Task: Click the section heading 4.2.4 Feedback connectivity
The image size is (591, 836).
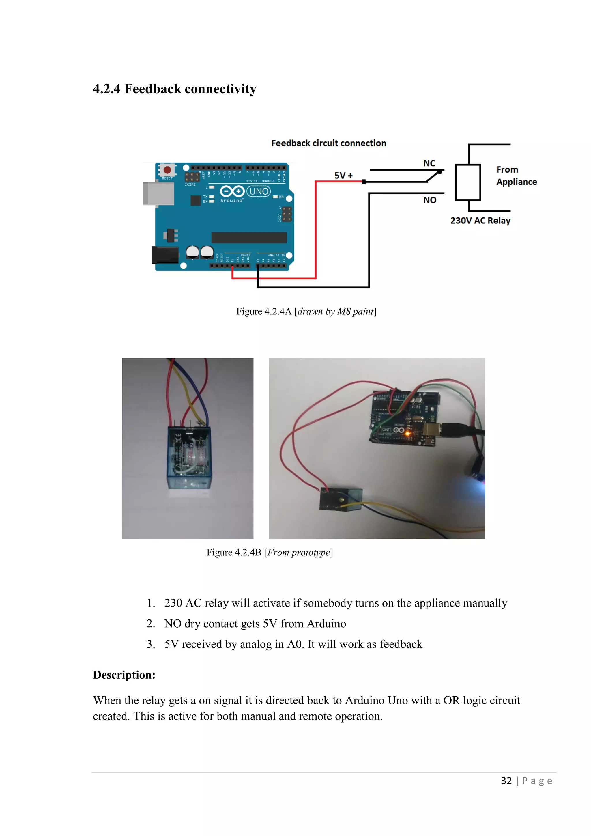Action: [x=174, y=89]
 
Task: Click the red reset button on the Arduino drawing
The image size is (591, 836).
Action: [x=167, y=170]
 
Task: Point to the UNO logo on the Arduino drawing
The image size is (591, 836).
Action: [x=258, y=191]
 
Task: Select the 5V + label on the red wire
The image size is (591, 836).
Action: [x=343, y=176]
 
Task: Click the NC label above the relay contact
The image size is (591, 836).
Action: [x=429, y=163]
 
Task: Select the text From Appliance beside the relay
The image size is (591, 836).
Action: [x=516, y=176]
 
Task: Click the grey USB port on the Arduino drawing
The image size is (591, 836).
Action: [x=158, y=193]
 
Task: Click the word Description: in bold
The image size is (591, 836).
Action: [x=124, y=675]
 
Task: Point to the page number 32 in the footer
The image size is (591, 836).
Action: [x=506, y=781]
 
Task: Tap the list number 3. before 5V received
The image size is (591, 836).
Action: [x=151, y=644]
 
